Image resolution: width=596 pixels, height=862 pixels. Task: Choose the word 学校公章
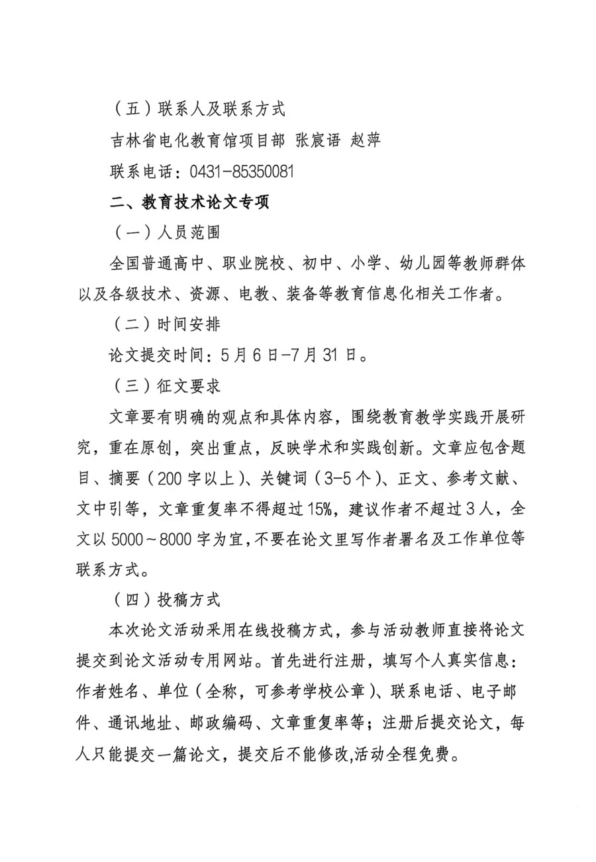point(328,693)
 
